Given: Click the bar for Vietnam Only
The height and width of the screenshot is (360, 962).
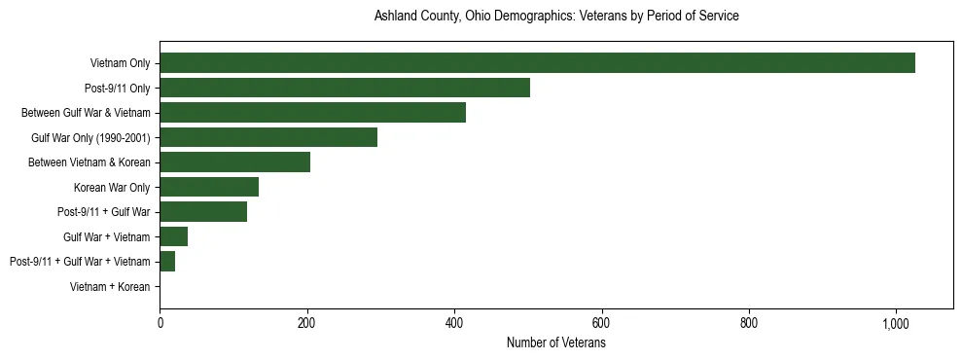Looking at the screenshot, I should click(537, 63).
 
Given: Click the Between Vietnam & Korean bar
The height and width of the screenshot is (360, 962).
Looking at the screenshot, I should click(234, 162).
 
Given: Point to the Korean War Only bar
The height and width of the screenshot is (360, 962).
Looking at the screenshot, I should click(209, 187).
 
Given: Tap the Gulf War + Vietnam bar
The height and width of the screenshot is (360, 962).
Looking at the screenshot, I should click(173, 236).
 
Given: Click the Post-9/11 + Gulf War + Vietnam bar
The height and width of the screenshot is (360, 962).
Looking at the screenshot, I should click(167, 262).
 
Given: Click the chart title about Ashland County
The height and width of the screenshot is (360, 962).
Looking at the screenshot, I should click(556, 17).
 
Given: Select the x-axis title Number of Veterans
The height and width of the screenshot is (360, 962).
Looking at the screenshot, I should click(556, 343).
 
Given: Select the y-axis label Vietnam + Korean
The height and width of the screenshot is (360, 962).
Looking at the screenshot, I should click(110, 287).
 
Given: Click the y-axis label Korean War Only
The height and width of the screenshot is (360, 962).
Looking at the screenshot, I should click(112, 187).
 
